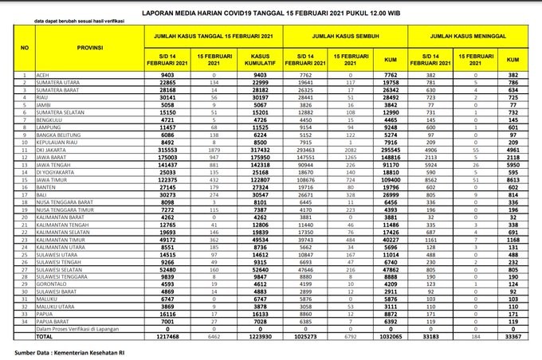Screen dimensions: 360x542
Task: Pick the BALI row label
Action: [40, 194]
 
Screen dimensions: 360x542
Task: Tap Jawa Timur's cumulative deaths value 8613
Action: [513, 179]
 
